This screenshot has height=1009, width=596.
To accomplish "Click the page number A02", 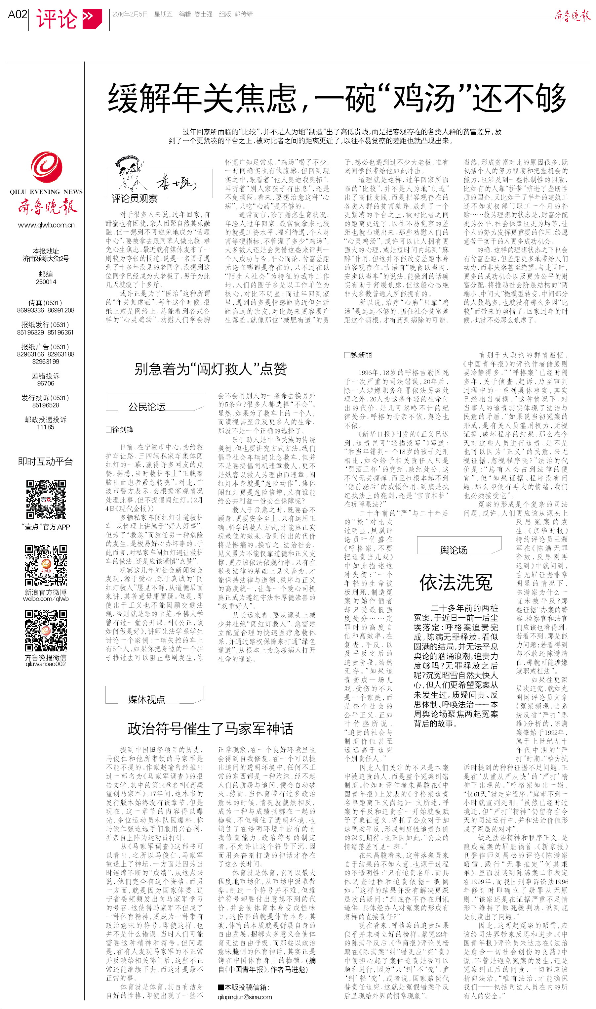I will coord(17,15).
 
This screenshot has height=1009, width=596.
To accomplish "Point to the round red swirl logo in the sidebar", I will coord(46,167).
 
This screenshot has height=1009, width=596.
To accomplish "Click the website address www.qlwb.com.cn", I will coord(46,225).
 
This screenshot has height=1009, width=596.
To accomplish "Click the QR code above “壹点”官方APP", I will coord(46,499).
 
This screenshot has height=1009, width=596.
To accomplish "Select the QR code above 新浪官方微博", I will coord(46,565).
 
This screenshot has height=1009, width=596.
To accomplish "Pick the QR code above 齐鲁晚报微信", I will coord(46,630).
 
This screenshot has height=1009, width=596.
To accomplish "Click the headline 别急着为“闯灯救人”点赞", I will coord(211,369).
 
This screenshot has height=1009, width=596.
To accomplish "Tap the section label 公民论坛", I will coord(147,407).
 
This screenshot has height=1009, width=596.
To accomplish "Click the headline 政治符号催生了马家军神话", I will coord(211,728).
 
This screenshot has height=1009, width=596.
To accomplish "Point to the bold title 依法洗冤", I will coord(456,582).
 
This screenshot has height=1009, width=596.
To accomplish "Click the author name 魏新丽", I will coord(361,355).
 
